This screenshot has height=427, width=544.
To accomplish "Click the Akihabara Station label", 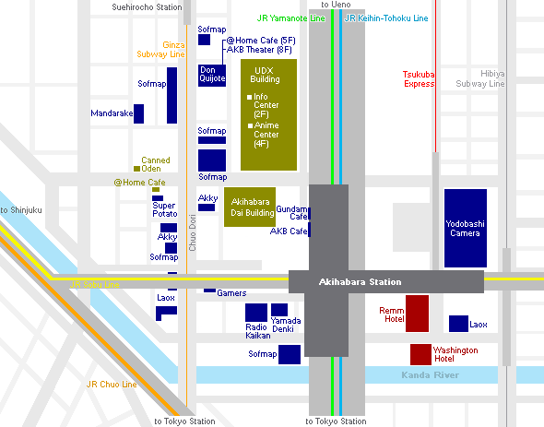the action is coord(360,282).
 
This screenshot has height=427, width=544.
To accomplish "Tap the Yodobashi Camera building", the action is coord(466,228).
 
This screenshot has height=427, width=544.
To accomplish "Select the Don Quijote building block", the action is coord(212,76).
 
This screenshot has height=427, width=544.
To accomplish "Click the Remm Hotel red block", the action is coord(417,314).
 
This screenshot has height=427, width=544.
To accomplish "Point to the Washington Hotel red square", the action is coord(420,354).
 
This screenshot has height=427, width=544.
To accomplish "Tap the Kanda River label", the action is coord(431,375).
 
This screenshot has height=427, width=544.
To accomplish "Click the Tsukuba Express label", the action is coord(419,79).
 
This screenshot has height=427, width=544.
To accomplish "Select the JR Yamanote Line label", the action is coord(290,18).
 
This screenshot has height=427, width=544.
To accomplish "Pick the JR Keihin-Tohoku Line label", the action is coord(386,18).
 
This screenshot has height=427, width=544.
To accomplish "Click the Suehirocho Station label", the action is coord(147,7).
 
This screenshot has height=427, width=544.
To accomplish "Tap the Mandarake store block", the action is coord(139,113).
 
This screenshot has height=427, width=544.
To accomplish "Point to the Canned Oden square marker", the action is coord(136,169).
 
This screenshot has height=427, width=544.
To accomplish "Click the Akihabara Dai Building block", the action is coord(250,207).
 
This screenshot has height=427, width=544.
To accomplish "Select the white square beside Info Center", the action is coord(249,97).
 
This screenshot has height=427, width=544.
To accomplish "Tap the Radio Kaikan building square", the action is coord(256,313).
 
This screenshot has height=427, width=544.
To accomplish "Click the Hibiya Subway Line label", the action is coord(480,78).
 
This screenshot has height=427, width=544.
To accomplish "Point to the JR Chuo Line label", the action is coord(112,385).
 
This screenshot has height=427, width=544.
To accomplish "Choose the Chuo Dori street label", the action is coord(193,232).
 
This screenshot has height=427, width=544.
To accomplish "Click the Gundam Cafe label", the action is coord(291,212).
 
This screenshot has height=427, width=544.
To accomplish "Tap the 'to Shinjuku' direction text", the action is coord(21,210).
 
